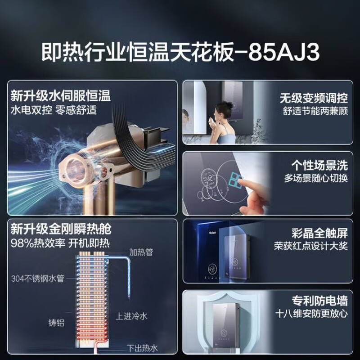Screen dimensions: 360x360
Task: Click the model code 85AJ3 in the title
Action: point(284,52)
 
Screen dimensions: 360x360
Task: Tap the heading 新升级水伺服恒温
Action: point(61,96)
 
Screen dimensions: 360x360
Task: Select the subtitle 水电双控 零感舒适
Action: point(54,110)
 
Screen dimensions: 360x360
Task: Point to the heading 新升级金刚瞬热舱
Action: point(61,229)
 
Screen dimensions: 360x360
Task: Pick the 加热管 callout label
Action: point(141,252)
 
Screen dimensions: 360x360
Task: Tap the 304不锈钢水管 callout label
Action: point(38,279)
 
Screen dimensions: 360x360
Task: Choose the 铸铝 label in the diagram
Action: point(56,323)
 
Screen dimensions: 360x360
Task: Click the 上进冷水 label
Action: point(131,316)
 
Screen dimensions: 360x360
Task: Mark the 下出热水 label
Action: point(142,348)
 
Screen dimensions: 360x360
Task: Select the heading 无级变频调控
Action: point(314,98)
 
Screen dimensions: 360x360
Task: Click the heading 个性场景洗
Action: point(319,165)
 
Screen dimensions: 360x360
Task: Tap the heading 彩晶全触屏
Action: point(319,233)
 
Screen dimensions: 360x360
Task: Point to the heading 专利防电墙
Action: point(319,301)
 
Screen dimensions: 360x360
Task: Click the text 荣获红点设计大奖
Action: point(311,246)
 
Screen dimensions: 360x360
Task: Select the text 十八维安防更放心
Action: point(311,314)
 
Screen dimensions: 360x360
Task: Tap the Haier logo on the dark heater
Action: point(212,233)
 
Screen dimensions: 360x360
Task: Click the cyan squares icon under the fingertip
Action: point(235,179)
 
